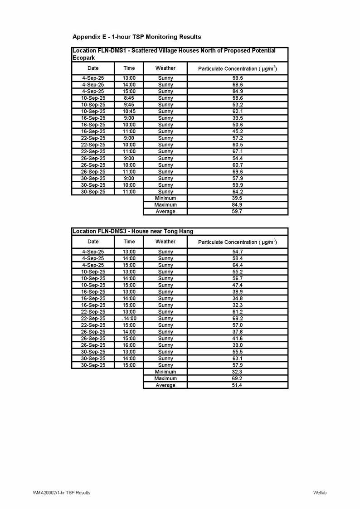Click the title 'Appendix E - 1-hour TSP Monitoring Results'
pyautogui.click(x=136, y=36)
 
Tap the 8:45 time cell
pyautogui.click(x=129, y=98)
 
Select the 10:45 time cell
pyautogui.click(x=129, y=111)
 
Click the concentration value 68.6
pyautogui.click(x=238, y=85)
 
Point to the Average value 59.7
pyautogui.click(x=238, y=211)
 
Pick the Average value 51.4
pyautogui.click(x=238, y=385)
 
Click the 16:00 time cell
pyautogui.click(x=129, y=345)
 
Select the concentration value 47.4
pyautogui.click(x=238, y=285)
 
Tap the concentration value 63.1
pyautogui.click(x=238, y=359)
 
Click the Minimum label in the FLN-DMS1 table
pyautogui.click(x=165, y=198)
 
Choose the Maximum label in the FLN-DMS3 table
pyautogui.click(x=165, y=378)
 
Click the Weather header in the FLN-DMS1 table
pyautogui.click(x=165, y=68)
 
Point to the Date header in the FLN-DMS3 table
pyautogui.click(x=93, y=242)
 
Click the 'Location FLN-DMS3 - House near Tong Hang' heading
pyautogui.click(x=132, y=231)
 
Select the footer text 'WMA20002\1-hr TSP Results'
pyautogui.click(x=62, y=493)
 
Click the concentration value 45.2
pyautogui.click(x=238, y=131)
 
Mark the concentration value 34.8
pyautogui.click(x=238, y=298)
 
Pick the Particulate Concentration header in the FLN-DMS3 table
pyautogui.click(x=238, y=242)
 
